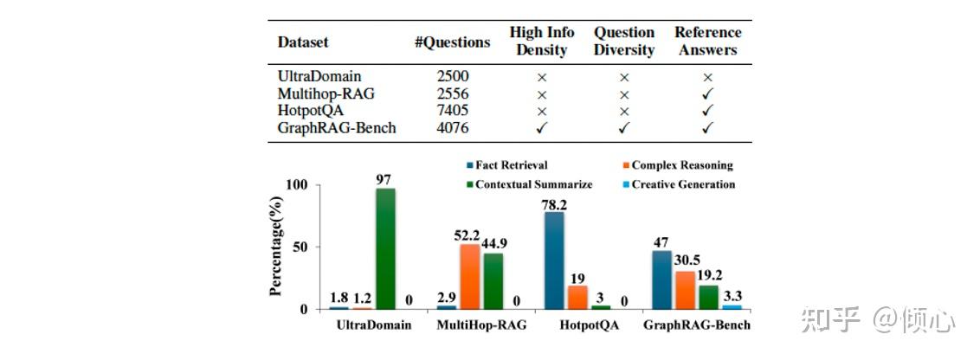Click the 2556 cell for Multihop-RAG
coord(453,93)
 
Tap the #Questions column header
coord(452,42)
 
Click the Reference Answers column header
coord(708,42)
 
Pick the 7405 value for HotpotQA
coord(453,111)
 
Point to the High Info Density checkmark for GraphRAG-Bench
coord(541,128)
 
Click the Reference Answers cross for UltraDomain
coord(708,77)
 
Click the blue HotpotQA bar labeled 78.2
coord(555,260)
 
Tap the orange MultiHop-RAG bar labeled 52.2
coord(470,276)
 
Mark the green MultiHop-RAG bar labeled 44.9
coord(493,280)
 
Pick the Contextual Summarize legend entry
coord(529,184)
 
